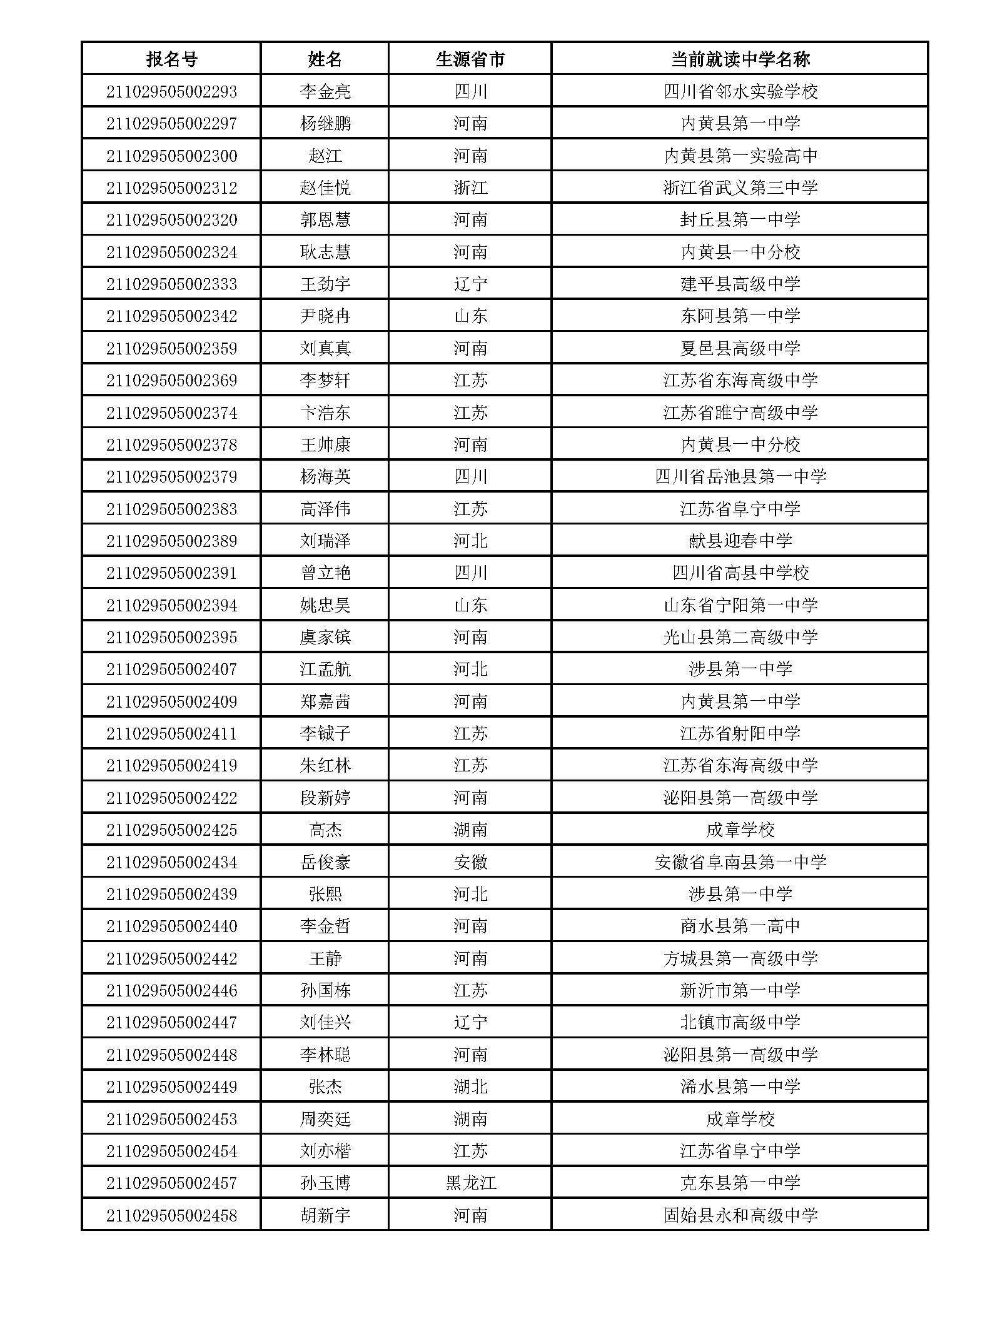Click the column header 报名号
click(x=171, y=59)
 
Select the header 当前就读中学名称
click(x=740, y=59)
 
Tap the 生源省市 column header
click(x=470, y=59)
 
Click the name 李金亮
click(x=325, y=92)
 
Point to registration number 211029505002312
click(x=171, y=188)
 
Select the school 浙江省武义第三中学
click(x=740, y=188)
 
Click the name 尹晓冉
click(x=325, y=316)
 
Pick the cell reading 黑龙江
click(x=470, y=1183)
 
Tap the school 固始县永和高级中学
click(x=740, y=1215)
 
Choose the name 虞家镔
click(x=325, y=637)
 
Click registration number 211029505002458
click(x=171, y=1215)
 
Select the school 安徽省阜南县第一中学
click(x=740, y=862)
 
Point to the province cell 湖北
click(x=470, y=1086)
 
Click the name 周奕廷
click(x=325, y=1119)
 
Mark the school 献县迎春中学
click(x=740, y=541)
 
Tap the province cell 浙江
click(x=470, y=188)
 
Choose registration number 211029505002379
click(x=171, y=476)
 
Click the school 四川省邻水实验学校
click(x=740, y=92)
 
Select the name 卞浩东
click(x=325, y=413)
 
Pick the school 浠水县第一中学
click(x=740, y=1086)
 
